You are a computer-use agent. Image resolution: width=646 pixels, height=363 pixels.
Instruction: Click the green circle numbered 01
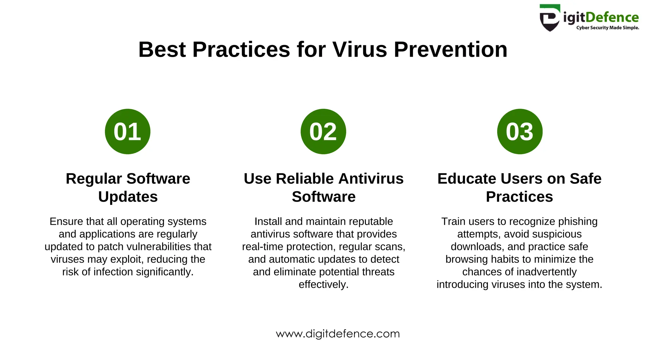tap(127, 131)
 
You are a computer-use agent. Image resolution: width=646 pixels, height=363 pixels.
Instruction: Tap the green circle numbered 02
tap(323, 131)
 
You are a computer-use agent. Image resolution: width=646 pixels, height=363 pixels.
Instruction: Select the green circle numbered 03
tap(520, 131)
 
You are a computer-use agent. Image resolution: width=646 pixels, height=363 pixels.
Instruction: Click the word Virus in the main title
tap(359, 50)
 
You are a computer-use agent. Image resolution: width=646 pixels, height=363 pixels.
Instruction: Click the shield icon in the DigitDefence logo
tap(550, 18)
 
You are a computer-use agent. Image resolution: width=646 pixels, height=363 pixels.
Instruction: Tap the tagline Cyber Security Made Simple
tap(608, 28)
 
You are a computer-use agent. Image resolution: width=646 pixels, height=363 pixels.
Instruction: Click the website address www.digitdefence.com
tap(338, 334)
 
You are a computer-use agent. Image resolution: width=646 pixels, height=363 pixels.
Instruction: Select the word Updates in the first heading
tap(128, 197)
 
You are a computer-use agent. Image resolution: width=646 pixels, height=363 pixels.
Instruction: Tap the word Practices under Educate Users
tap(519, 197)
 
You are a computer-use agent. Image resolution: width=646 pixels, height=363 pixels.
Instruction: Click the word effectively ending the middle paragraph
tap(323, 285)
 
